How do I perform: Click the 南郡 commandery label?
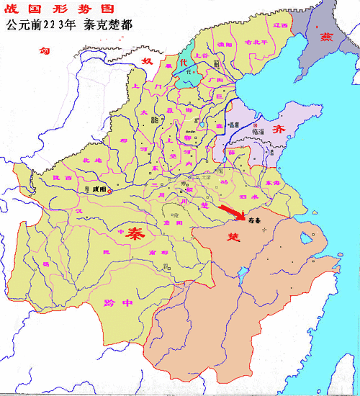tap(168, 253)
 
